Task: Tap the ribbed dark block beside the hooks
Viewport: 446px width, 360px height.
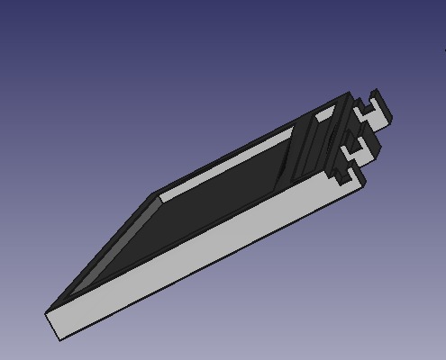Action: tap(311, 144)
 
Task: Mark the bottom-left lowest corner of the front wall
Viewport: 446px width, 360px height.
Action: tap(59, 340)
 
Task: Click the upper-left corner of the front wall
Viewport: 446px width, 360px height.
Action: tap(47, 312)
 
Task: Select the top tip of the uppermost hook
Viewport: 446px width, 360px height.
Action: tap(376, 92)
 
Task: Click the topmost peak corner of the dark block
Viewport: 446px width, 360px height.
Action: tap(348, 93)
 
